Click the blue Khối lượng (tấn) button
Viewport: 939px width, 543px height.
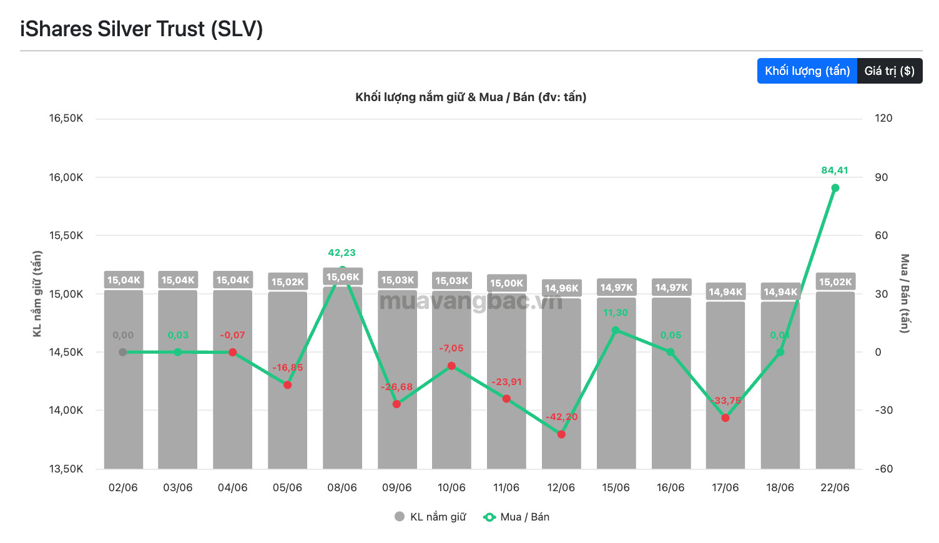(x=807, y=71)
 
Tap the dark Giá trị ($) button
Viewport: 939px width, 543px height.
(x=890, y=71)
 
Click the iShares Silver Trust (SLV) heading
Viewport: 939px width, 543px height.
(x=141, y=29)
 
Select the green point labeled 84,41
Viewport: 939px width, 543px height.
(x=835, y=188)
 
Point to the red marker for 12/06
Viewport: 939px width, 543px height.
(x=561, y=434)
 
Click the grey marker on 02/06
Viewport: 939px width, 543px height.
(x=123, y=352)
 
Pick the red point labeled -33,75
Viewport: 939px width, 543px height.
(x=725, y=418)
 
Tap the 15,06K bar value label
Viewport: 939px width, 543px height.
(x=343, y=277)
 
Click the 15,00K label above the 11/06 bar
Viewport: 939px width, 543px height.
(x=506, y=283)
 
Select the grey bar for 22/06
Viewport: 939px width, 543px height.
(x=835, y=380)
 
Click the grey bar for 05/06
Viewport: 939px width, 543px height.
(x=288, y=380)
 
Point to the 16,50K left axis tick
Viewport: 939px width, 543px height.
(x=66, y=118)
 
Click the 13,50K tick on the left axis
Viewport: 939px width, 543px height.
(x=66, y=469)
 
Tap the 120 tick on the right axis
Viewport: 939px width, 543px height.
(x=883, y=118)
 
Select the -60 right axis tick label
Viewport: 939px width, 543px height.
(x=883, y=469)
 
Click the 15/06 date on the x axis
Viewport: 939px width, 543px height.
(x=616, y=487)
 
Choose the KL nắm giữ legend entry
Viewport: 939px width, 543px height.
(x=430, y=517)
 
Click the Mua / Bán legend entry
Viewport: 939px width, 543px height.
(x=516, y=517)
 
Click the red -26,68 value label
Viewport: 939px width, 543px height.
(x=396, y=387)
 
